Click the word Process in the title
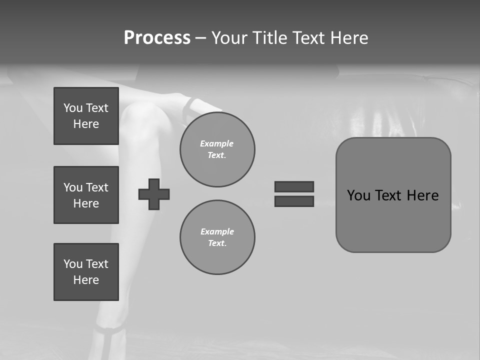click(x=157, y=38)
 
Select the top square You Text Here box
click(x=86, y=116)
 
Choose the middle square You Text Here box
click(x=86, y=195)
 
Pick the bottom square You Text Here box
click(x=86, y=272)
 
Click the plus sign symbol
click(x=154, y=194)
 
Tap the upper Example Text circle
click(x=217, y=149)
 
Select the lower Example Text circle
click(x=217, y=237)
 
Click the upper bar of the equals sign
click(x=294, y=186)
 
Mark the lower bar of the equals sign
click(x=294, y=201)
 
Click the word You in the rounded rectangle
click(x=358, y=195)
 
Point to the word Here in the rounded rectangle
click(x=422, y=195)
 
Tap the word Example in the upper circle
click(x=217, y=143)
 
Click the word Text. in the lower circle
click(x=217, y=243)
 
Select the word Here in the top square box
click(x=86, y=124)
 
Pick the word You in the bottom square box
click(x=72, y=264)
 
